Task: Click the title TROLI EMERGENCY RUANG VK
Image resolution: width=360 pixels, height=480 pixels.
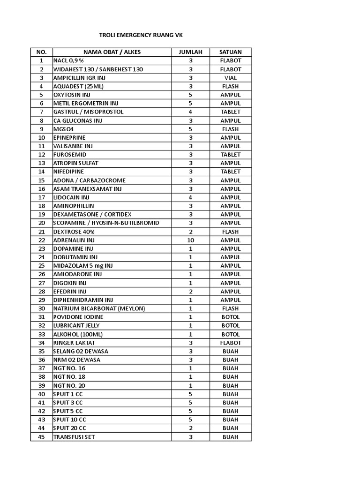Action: [x=139, y=35]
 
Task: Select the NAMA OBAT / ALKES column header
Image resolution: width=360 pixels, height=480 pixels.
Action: [x=112, y=52]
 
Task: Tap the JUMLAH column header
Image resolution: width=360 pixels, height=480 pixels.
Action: [x=190, y=52]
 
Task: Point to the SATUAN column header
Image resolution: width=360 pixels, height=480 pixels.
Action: [x=230, y=52]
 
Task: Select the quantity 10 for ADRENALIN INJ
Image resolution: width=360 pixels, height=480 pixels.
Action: [x=190, y=240]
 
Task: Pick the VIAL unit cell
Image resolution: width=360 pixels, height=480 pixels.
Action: [x=230, y=78]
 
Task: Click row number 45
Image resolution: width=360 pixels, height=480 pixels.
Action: [x=42, y=437]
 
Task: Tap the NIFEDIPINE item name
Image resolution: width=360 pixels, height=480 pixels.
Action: [x=69, y=172]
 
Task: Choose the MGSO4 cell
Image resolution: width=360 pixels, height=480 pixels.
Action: [x=64, y=129]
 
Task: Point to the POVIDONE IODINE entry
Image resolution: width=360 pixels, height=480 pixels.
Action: [x=78, y=317]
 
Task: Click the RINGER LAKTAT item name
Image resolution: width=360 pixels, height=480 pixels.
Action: [x=74, y=343]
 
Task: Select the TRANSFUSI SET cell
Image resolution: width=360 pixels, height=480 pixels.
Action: [x=76, y=437]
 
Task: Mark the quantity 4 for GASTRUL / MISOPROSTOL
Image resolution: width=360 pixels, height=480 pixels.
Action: [x=190, y=112]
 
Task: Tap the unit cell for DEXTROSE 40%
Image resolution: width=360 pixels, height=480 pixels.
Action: [x=230, y=232]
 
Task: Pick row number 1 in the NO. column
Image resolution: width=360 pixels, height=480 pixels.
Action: [x=42, y=60]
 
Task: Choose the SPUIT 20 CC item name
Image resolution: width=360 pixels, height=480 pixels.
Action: [x=70, y=428]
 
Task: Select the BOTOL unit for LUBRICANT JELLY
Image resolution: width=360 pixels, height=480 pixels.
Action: [x=230, y=325]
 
